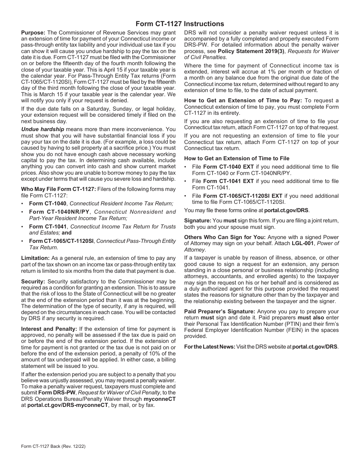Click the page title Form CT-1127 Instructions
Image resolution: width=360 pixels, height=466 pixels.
coord(180,23)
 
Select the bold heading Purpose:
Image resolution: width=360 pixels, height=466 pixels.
coord(33,33)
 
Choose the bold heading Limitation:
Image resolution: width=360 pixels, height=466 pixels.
coord(35,258)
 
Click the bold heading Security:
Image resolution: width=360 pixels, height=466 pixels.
coord(33,281)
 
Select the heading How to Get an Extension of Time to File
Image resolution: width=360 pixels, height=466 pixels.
coord(236,158)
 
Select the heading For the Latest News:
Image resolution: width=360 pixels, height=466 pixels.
coord(210,346)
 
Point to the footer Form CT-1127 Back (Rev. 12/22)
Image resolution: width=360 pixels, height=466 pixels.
coord(53,446)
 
